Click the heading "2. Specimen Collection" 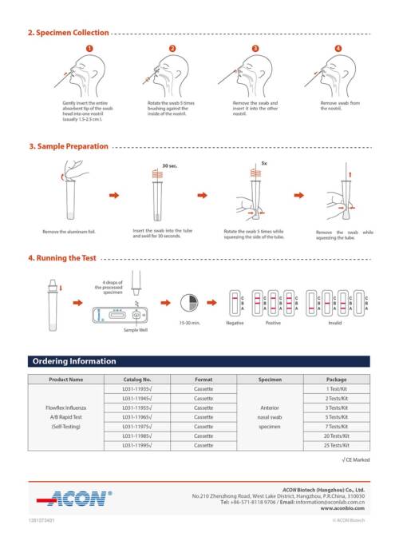click(68, 33)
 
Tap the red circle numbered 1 click(90, 49)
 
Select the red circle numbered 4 click(338, 49)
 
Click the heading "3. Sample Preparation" click(68, 147)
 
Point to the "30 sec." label click(169, 165)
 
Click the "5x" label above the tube click(264, 162)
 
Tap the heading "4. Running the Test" click(62, 258)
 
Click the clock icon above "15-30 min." click(190, 304)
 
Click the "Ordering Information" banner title click(73, 361)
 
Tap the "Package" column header click(336, 380)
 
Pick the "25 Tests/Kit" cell click(336, 445)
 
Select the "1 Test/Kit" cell click(336, 388)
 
